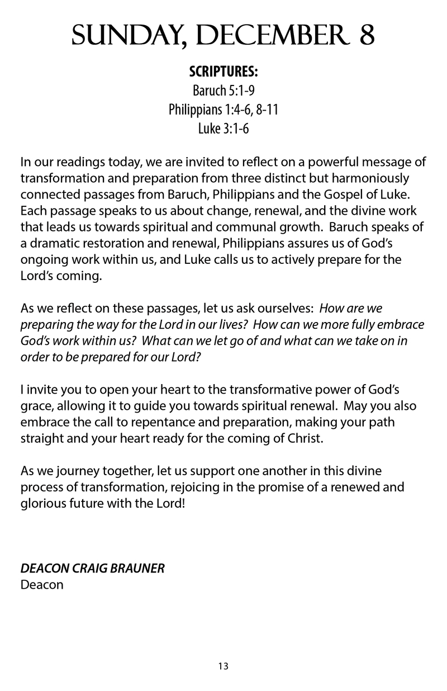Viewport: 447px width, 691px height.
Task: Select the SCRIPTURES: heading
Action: (223, 73)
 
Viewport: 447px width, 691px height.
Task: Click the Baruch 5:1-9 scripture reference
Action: (223, 91)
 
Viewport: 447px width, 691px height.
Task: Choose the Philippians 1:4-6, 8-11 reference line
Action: (223, 110)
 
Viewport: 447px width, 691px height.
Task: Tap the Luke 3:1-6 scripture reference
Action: (223, 129)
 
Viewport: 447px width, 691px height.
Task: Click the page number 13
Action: (223, 666)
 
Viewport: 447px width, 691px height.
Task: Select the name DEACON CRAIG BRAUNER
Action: (92, 569)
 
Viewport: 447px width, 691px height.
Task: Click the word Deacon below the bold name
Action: (41, 585)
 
